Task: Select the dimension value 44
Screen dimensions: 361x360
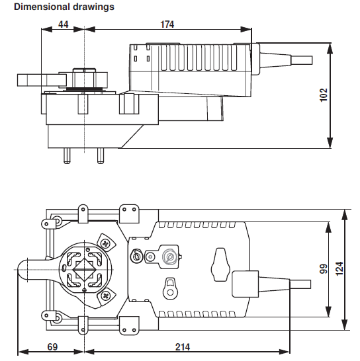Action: pos(64,24)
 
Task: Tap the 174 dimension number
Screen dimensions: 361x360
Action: pos(167,24)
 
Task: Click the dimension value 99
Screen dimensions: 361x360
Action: pos(324,269)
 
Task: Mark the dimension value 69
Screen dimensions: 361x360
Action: pos(51,345)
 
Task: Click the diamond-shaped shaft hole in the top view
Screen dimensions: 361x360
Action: pos(85,270)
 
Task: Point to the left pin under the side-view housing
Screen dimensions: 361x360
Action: pos(68,155)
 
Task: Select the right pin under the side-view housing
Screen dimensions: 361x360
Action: pos(101,155)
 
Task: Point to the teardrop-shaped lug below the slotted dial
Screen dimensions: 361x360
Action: pos(171,286)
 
